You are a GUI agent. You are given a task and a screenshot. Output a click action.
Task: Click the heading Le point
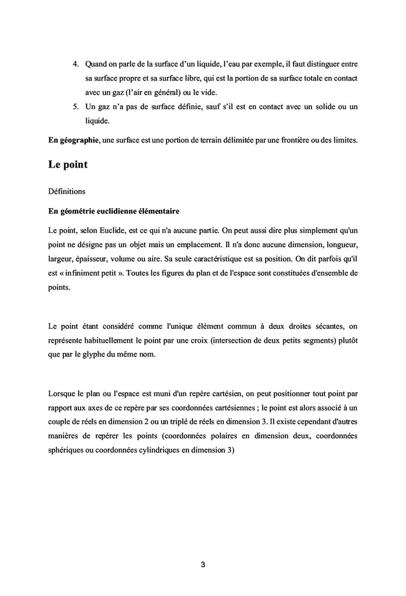point(68,165)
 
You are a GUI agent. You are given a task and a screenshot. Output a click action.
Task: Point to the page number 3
point(202,564)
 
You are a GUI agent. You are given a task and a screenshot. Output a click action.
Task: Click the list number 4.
point(75,63)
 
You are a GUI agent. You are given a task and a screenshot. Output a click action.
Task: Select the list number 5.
point(75,107)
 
